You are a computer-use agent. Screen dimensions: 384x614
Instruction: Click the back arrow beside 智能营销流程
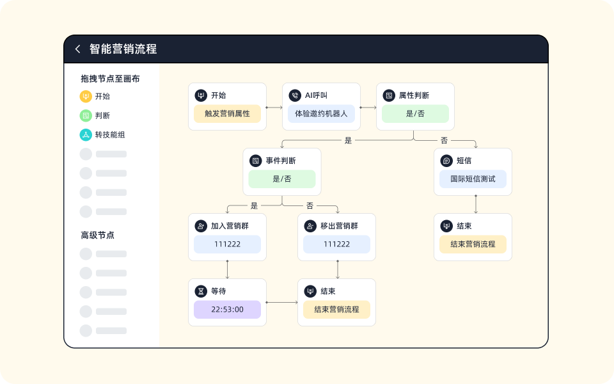[x=78, y=49]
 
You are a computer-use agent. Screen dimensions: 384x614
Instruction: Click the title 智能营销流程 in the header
[x=123, y=49]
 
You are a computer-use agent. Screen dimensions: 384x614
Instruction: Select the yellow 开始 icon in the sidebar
[x=86, y=96]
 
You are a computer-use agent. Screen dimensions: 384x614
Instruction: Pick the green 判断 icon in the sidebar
[x=86, y=115]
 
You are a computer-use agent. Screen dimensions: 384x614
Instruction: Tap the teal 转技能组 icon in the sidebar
[x=86, y=134]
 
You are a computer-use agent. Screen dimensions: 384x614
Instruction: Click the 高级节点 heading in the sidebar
[x=97, y=235]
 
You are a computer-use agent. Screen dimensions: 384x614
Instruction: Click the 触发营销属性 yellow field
[x=227, y=114]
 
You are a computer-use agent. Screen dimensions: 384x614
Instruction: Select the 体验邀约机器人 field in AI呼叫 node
[x=321, y=114]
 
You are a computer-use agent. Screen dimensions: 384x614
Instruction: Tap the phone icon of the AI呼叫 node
[x=295, y=95]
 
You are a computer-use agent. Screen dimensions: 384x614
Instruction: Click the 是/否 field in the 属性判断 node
[x=415, y=114]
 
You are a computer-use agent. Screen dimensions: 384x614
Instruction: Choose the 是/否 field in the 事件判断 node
[x=282, y=179]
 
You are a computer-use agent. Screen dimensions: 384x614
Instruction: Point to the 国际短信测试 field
[x=473, y=179]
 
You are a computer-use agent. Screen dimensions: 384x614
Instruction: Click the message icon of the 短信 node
[x=446, y=161]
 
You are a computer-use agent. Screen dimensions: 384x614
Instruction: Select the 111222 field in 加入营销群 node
[x=227, y=244]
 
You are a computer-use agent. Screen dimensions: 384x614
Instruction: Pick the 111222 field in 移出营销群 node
[x=336, y=244]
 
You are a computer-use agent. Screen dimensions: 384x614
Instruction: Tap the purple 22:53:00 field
[x=227, y=310]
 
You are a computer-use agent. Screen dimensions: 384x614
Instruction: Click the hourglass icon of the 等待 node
[x=201, y=291]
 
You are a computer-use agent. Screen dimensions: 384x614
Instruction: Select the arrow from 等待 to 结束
[x=282, y=302]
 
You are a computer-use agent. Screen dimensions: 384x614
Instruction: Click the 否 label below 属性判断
[x=444, y=140]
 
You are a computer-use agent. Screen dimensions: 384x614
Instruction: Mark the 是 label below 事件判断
[x=254, y=205]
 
